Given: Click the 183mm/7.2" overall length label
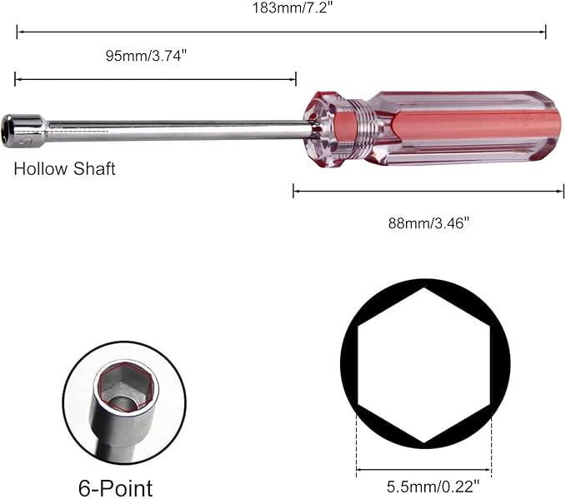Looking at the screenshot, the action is (x=291, y=8).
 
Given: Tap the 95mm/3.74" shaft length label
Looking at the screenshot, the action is (x=146, y=56).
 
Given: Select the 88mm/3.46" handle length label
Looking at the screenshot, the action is (x=428, y=223).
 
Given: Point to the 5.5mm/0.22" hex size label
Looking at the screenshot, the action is (x=433, y=487).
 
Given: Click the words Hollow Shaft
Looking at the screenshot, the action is (x=64, y=169).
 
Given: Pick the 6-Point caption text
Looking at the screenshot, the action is (x=115, y=488).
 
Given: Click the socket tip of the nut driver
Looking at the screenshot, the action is (x=24, y=131).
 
